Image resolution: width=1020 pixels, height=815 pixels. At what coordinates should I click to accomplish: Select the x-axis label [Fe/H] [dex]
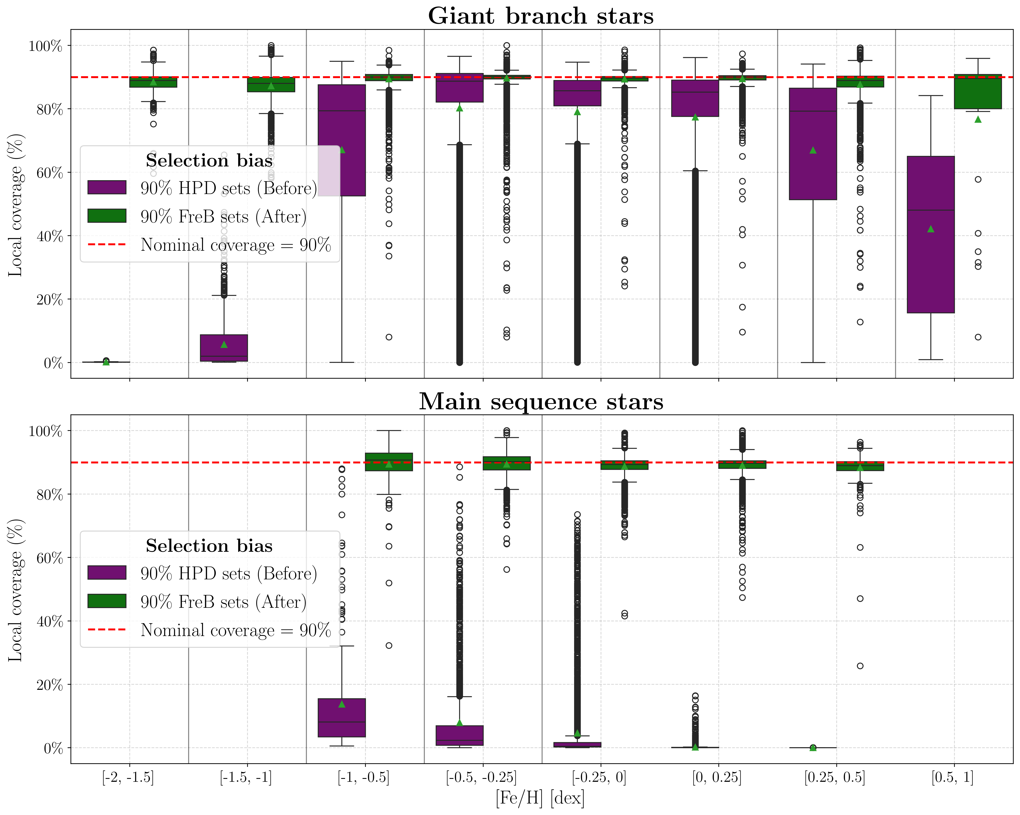coord(540,798)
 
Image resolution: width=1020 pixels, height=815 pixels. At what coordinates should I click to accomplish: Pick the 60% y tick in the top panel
coord(49,173)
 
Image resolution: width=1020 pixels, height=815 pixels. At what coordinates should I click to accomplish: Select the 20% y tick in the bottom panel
coord(49,685)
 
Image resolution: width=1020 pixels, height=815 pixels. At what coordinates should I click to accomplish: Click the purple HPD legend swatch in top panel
coord(107,187)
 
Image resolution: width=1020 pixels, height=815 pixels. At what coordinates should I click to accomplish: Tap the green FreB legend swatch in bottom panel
coord(107,601)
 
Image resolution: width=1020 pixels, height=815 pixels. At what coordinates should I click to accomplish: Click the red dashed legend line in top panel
coord(107,245)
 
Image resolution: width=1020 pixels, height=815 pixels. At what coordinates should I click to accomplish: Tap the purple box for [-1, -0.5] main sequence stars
coord(342,718)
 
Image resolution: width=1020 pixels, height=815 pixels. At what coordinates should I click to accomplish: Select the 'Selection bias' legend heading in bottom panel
coord(209,546)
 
